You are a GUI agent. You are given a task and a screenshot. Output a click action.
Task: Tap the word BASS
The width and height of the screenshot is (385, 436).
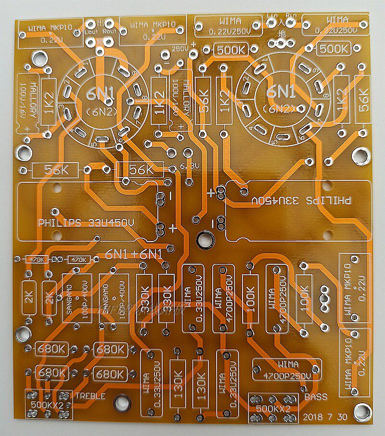click(x=316, y=397)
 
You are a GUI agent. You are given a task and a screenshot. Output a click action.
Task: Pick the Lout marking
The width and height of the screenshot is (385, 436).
click(x=92, y=32)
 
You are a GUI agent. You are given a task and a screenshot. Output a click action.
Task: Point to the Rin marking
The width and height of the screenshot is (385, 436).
click(x=291, y=15)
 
